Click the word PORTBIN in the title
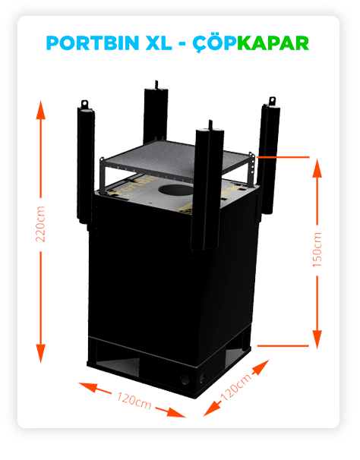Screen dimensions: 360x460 tap(93, 43)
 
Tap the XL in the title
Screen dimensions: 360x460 tap(159, 43)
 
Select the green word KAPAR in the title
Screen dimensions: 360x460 tap(273, 43)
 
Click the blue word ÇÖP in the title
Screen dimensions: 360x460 tap(215, 43)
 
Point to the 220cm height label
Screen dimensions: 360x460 tap(40, 224)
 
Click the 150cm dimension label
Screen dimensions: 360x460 tap(317, 250)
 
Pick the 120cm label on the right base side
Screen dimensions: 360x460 tap(235, 387)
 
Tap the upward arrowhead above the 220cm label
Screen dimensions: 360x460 tap(40, 109)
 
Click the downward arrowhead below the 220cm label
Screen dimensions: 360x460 tap(40, 354)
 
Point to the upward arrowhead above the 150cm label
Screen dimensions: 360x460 tap(317, 168)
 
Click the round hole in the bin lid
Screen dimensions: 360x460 tap(175, 190)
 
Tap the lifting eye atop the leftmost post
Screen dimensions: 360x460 tap(84, 104)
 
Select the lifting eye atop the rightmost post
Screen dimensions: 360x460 tap(272, 101)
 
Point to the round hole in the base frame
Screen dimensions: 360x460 tap(185, 380)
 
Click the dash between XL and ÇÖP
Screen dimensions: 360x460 tap(182, 44)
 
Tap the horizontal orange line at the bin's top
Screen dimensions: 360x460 tap(283, 157)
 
